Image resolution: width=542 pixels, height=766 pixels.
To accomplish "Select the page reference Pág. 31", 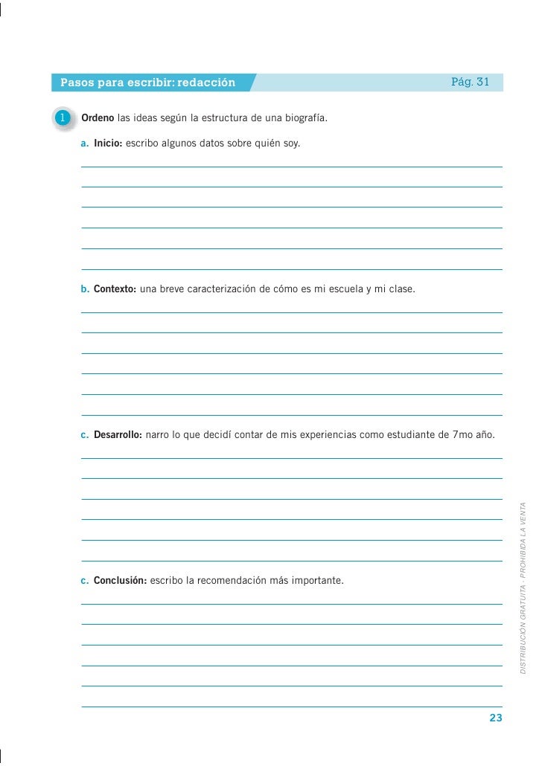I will click(470, 81).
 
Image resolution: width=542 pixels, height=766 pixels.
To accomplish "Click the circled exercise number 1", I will click(64, 118).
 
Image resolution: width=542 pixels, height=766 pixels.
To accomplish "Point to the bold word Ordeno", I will click(98, 118).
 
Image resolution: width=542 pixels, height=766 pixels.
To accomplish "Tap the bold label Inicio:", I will click(108, 142).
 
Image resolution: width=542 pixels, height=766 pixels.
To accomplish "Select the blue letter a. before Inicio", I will click(85, 142).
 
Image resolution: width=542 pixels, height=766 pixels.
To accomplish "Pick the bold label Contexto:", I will click(115, 288).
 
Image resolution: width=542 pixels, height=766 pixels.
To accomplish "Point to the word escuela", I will click(340, 288).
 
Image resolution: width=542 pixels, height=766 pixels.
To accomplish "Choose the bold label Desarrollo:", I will click(118, 434).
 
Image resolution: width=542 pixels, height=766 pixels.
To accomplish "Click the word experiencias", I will click(328, 434).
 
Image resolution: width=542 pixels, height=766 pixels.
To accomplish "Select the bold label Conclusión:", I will click(120, 579).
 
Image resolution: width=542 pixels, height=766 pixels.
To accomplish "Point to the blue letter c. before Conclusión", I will click(85, 579).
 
